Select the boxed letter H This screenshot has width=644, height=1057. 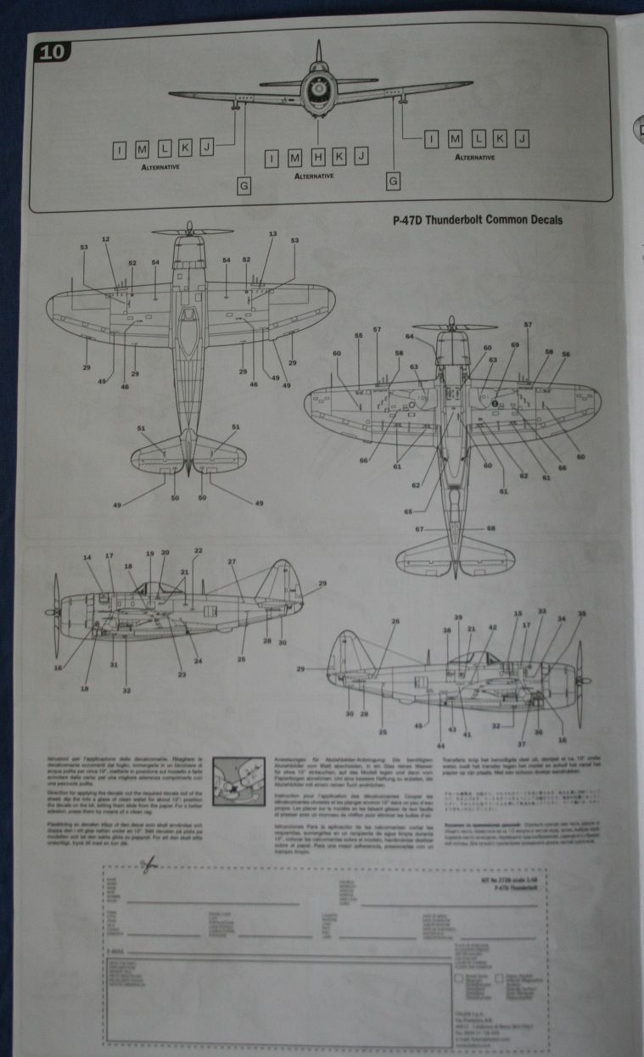tap(316, 156)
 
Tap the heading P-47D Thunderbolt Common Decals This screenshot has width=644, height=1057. tap(479, 221)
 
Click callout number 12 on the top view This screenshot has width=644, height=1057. tap(106, 239)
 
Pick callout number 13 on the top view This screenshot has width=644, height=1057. tap(272, 233)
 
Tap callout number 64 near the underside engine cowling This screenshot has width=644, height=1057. tap(409, 338)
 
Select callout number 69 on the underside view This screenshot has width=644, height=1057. tap(514, 345)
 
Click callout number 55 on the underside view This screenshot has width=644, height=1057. tap(359, 336)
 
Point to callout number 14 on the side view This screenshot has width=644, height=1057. tap(87, 557)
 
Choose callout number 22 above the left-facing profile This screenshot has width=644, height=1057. tap(198, 551)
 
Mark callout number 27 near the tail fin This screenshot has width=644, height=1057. tap(232, 562)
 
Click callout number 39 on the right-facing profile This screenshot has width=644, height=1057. tap(458, 618)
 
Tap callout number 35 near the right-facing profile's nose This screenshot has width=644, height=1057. tap(581, 613)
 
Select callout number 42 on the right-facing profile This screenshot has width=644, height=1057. tap(492, 628)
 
